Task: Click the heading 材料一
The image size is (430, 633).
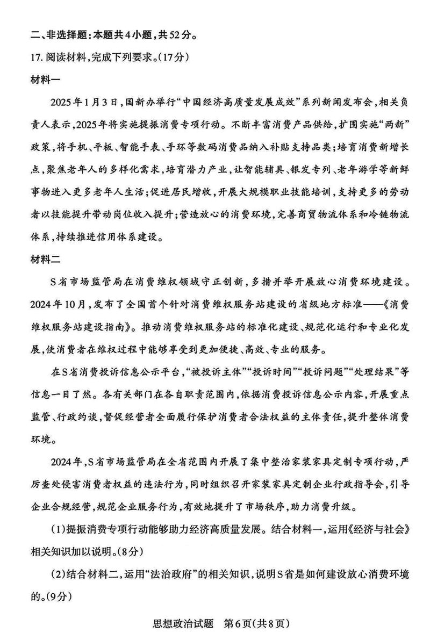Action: pyautogui.click(x=46, y=79)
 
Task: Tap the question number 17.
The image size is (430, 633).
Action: pyautogui.click(x=35, y=56)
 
